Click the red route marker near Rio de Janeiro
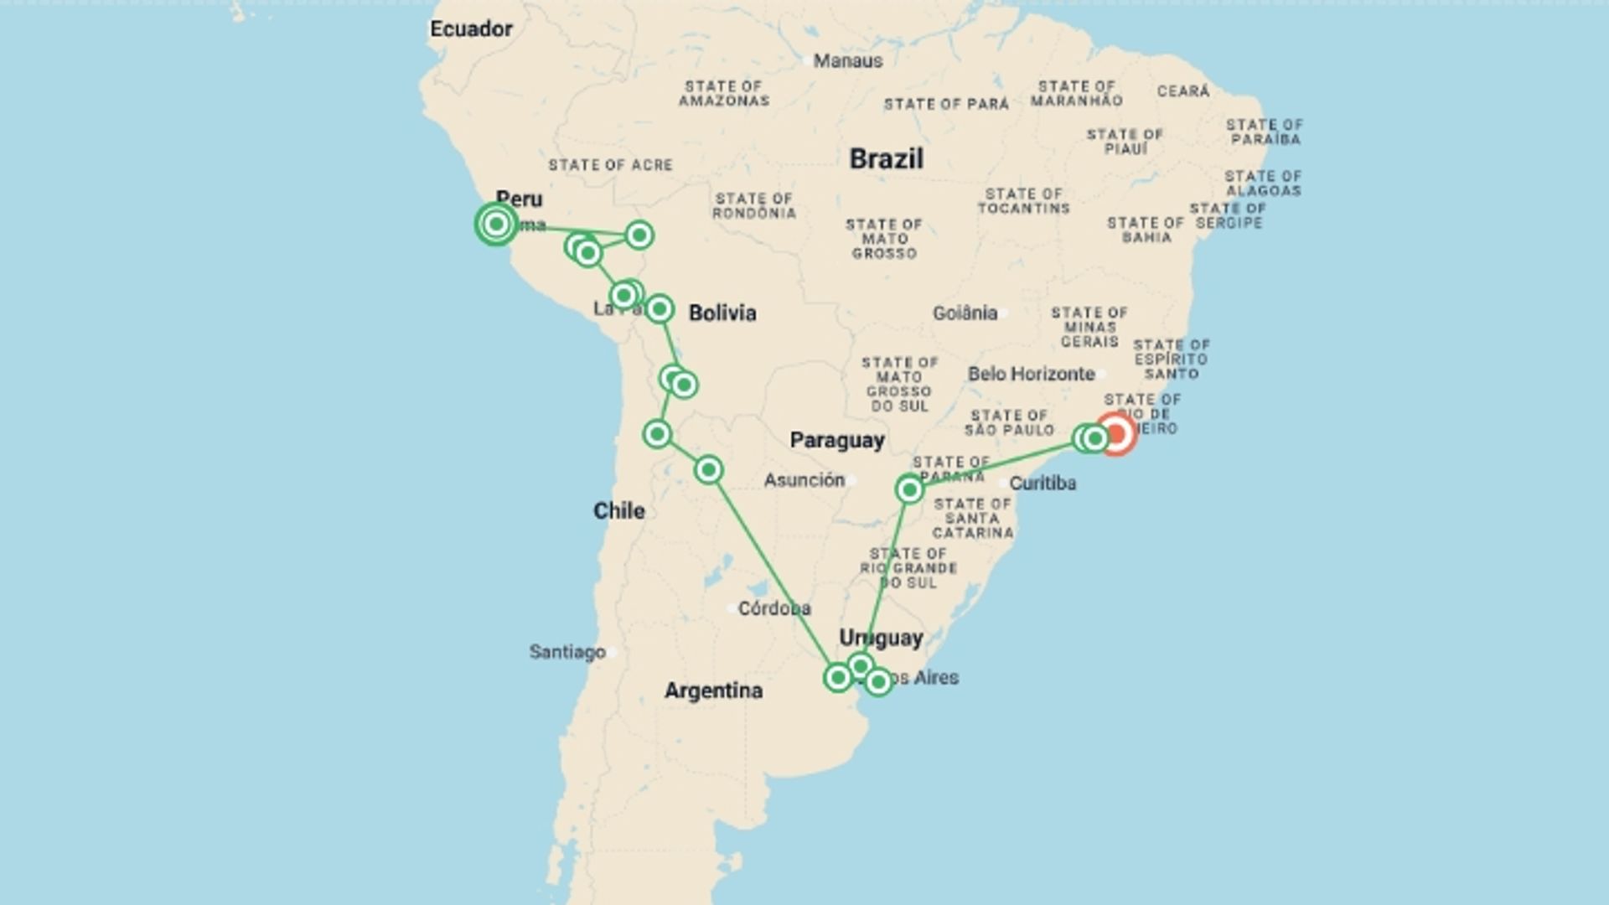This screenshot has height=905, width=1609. coord(1116,434)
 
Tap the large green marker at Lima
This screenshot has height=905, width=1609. coord(496,224)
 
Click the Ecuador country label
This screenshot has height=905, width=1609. coord(471,29)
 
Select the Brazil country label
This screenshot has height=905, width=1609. coord(886,158)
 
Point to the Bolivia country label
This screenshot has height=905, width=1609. coord(722,313)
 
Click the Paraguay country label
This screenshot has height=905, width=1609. coord(836,440)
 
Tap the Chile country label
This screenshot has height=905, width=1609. coord(618,510)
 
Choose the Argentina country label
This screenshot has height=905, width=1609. coord(713,690)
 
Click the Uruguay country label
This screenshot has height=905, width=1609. coord(881,639)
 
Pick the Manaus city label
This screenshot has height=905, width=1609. coord(847,60)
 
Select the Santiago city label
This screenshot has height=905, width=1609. coord(567,651)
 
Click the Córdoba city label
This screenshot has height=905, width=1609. coord(773,608)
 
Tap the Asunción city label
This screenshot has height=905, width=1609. coord(804,480)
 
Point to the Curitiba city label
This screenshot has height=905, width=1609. coord(1042,483)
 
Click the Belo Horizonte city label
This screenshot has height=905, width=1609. coord(1031,374)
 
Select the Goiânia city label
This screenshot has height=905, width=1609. coord(965,313)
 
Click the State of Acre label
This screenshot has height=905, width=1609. coord(610,165)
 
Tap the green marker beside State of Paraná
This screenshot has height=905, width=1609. coord(909,489)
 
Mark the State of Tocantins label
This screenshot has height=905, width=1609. coord(1023,201)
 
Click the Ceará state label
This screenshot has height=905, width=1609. coord(1182,90)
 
